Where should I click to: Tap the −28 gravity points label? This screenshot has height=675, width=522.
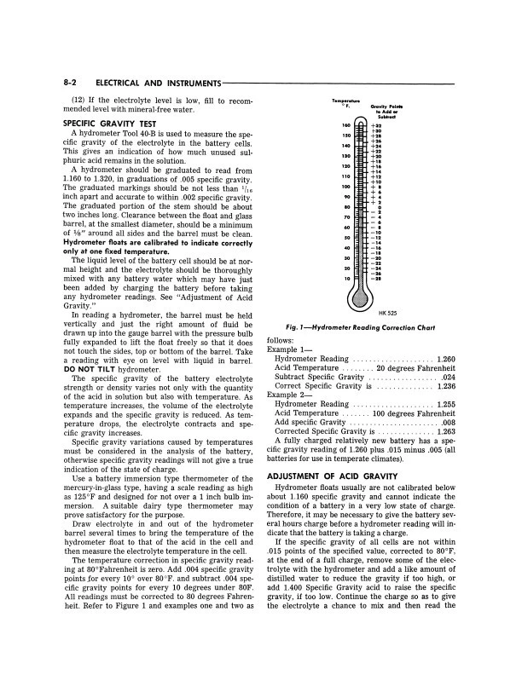[x=376, y=279]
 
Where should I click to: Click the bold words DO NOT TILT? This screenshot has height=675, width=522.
[x=86, y=371]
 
